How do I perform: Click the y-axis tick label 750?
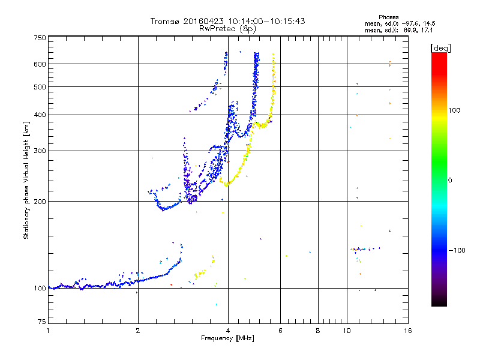[40, 38]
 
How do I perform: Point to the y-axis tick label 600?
[40, 64]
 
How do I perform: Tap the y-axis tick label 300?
[40, 151]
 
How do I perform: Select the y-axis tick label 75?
[41, 323]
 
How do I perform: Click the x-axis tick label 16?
[407, 331]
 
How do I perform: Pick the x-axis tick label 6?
[280, 331]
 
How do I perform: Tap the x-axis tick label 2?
[138, 331]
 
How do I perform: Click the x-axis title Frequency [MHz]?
[227, 338]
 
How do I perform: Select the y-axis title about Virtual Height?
[26, 180]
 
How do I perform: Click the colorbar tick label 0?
[450, 180]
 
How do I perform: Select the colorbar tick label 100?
[454, 110]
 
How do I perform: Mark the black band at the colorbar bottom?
[439, 302]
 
